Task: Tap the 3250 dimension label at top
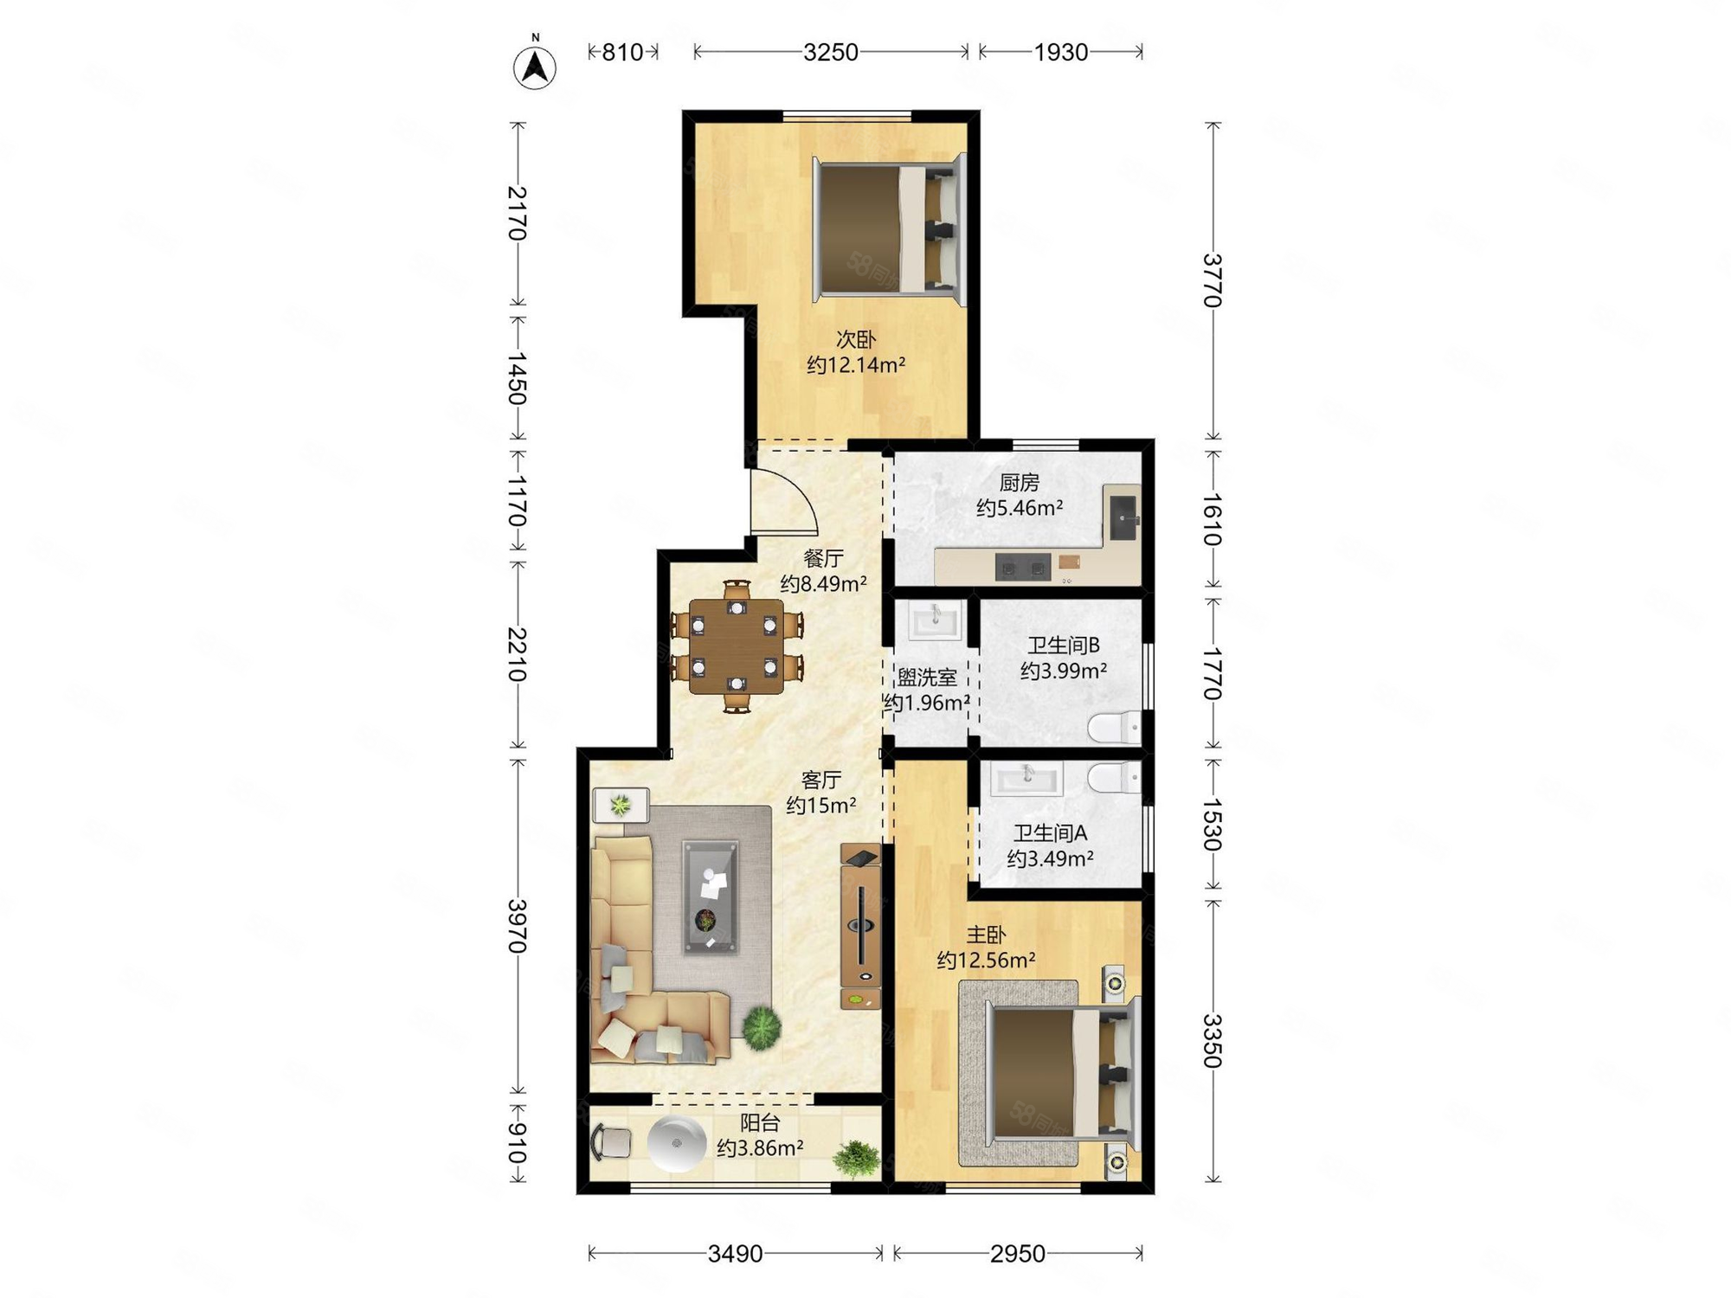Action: click(x=830, y=53)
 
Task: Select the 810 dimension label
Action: click(x=622, y=53)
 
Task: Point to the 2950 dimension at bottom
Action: click(x=1017, y=1253)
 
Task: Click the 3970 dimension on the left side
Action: click(x=518, y=926)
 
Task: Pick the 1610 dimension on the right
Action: click(x=1213, y=519)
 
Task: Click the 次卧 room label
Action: click(x=855, y=339)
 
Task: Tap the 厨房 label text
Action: click(x=1019, y=482)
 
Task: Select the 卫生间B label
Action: click(x=1063, y=646)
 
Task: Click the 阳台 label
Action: click(x=760, y=1123)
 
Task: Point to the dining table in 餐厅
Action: click(x=737, y=646)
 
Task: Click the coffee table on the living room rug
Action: click(x=711, y=896)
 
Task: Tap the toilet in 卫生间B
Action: click(x=1115, y=727)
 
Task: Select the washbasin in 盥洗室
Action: click(x=934, y=620)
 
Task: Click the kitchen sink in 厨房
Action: click(x=1123, y=517)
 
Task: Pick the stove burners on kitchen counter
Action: click(x=1022, y=568)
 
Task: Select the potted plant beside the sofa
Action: click(x=762, y=1027)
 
